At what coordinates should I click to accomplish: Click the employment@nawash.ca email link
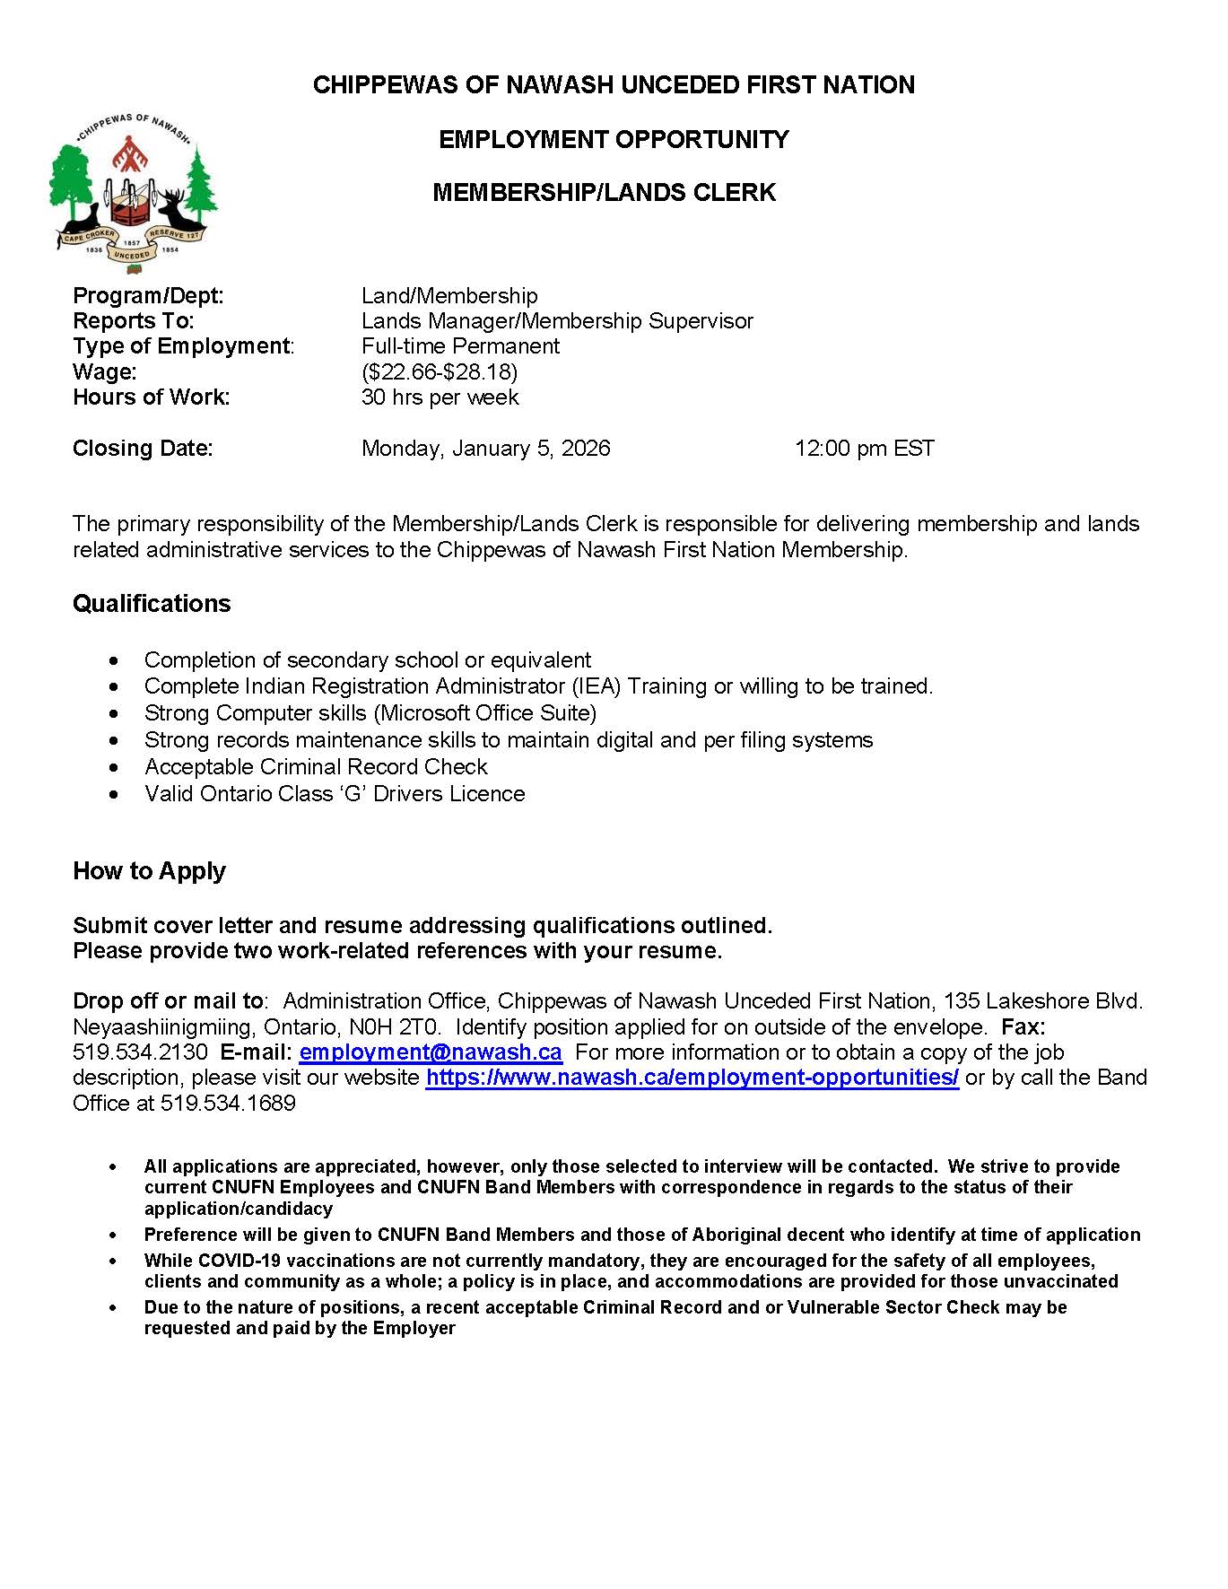431,1052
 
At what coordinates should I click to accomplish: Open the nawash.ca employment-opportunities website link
692,1077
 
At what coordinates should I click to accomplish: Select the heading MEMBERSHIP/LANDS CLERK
604,193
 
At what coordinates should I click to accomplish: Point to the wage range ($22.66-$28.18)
440,371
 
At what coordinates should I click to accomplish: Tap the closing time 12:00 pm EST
864,448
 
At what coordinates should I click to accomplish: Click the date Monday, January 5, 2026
485,448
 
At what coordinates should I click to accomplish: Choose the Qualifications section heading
152,603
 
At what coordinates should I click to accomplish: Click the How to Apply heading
149,870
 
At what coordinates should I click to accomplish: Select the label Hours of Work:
151,397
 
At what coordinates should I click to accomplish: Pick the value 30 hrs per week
440,397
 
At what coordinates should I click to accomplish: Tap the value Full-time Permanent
460,346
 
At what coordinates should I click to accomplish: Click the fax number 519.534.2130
140,1052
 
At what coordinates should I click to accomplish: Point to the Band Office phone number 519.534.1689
228,1103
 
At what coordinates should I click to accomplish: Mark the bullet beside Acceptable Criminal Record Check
112,767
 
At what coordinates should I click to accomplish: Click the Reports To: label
133,321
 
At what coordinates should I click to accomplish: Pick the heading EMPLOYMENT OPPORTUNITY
614,139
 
